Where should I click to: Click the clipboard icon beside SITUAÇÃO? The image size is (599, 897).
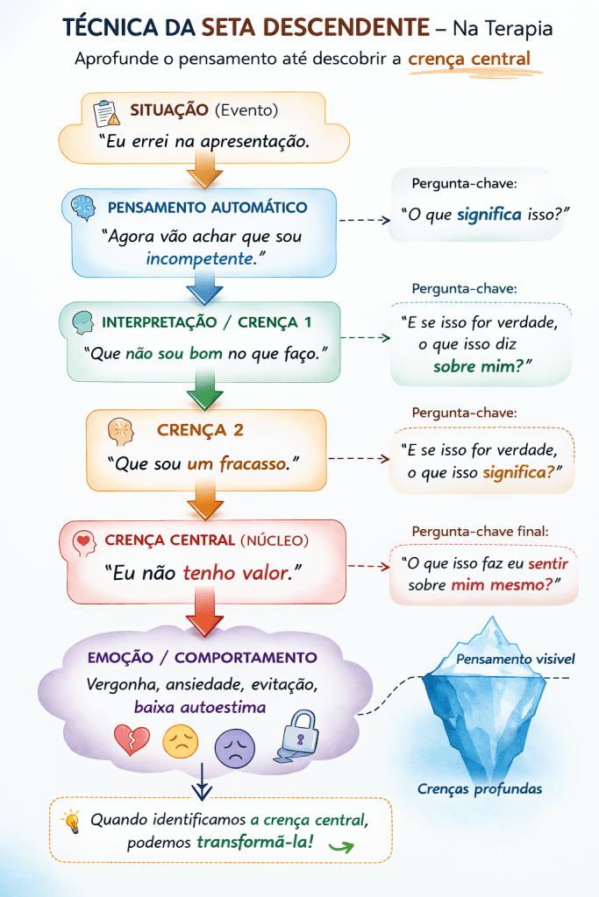(x=106, y=112)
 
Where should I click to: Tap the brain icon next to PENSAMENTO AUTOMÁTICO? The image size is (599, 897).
(x=84, y=208)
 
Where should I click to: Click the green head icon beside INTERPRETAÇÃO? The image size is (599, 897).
(x=82, y=321)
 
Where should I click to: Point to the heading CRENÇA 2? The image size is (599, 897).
(x=200, y=430)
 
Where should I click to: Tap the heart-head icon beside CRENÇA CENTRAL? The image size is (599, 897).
(x=83, y=541)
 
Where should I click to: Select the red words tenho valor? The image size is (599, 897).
(x=236, y=573)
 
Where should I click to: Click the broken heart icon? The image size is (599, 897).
(x=132, y=741)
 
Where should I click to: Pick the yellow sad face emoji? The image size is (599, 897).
(x=181, y=742)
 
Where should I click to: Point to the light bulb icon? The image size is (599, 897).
(x=71, y=821)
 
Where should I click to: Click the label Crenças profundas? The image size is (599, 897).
(x=479, y=789)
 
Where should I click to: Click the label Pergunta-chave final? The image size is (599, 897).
(x=481, y=531)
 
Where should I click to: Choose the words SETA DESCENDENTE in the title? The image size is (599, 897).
(x=314, y=28)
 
